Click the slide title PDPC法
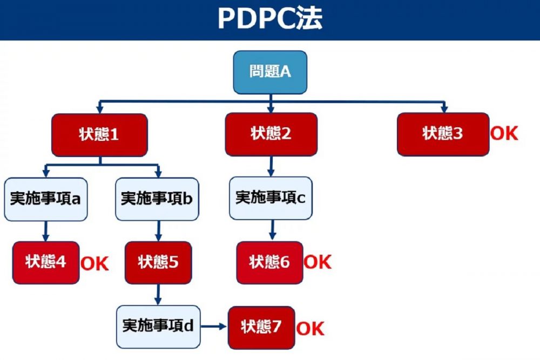tap(270, 19)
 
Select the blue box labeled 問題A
tap(270, 72)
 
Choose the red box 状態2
tap(271, 134)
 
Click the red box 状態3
tap(443, 134)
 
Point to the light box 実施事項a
tap(46, 199)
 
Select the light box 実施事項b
tap(158, 199)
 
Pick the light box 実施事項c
tap(271, 198)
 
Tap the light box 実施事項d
tap(158, 327)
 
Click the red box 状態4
tap(46, 262)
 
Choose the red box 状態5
tap(158, 262)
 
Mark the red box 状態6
tap(269, 262)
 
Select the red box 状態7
tap(261, 327)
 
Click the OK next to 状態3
tap(504, 133)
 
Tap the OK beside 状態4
tap(94, 264)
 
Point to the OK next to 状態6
tap(317, 262)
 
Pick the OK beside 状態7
tap(310, 328)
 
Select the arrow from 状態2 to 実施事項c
tap(272, 166)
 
